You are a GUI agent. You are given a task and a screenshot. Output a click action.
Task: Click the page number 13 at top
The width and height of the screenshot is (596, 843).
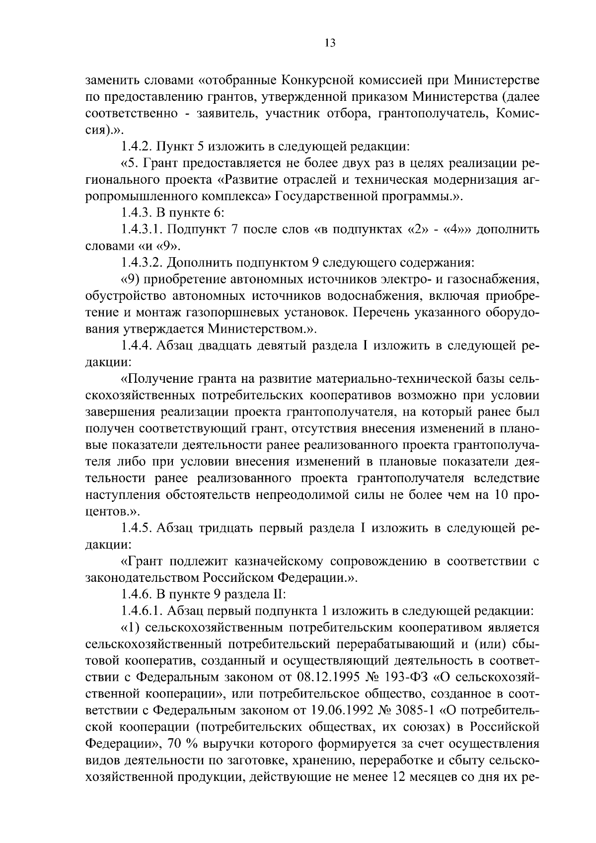coord(330,43)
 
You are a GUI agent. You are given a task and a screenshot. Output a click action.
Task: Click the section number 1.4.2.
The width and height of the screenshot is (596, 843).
coord(137,147)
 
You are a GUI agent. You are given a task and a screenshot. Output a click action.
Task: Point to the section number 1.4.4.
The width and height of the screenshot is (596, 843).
coord(137,346)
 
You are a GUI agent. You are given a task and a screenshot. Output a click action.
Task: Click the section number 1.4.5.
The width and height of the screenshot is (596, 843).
coord(137,528)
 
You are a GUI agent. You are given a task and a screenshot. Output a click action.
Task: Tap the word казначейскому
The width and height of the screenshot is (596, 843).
coord(265,562)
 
